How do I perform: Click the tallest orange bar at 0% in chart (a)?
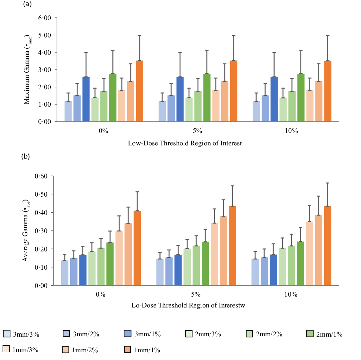coord(139,91)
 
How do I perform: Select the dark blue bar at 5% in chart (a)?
coord(180,99)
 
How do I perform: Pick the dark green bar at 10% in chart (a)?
coord(301,98)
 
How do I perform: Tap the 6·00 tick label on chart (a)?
coord(45,18)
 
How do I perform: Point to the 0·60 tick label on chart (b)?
coord(41,176)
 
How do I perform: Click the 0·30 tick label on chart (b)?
coord(41,231)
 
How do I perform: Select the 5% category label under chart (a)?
coord(197,131)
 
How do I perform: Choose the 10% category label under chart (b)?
coord(291,294)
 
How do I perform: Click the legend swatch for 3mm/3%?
coord(6,333)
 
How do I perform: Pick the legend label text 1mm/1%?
coord(147,350)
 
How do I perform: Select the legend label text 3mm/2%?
coord(86,334)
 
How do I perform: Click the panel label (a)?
coord(28,4)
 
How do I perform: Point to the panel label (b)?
coord(26,156)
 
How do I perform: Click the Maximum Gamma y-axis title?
coord(27,70)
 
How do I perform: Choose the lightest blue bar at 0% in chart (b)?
coord(65,273)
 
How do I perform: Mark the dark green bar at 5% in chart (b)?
coord(205,263)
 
